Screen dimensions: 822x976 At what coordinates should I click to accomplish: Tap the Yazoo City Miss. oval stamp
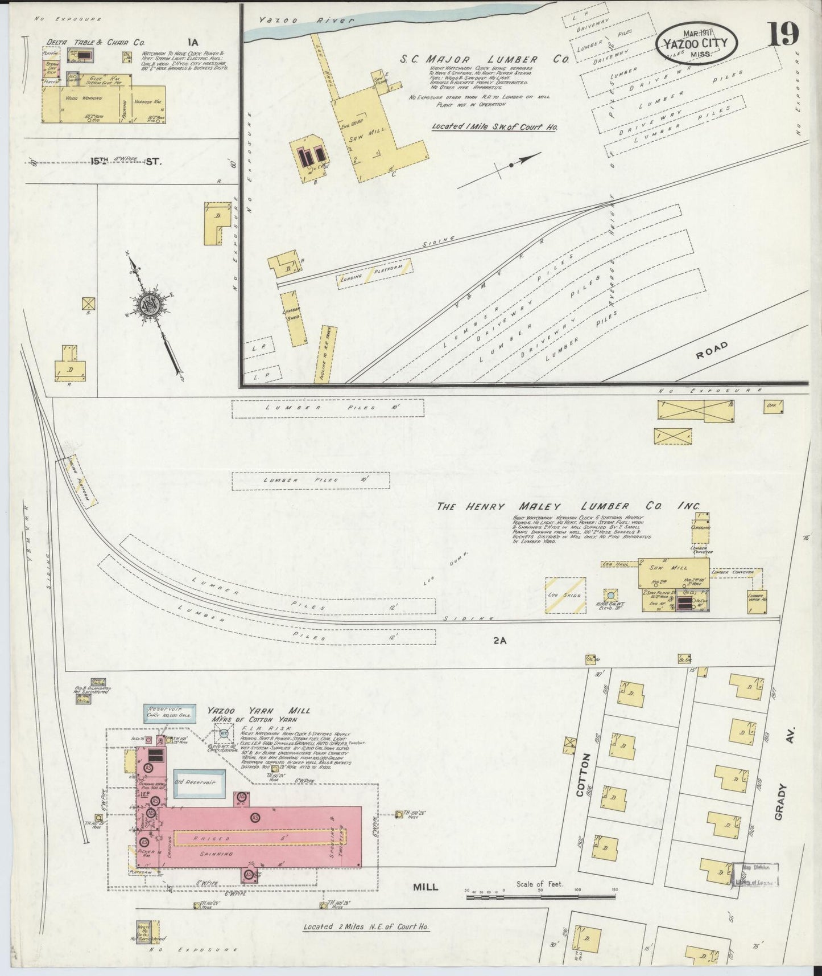pos(696,44)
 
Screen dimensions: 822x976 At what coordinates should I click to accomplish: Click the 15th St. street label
pos(125,161)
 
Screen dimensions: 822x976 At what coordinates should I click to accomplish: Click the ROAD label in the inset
pos(712,350)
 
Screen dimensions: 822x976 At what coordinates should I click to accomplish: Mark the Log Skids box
pos(565,595)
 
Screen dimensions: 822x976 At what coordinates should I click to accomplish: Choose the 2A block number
pos(499,641)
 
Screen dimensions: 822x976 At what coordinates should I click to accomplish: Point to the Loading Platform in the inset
pos(374,273)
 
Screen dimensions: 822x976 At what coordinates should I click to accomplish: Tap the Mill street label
pos(426,887)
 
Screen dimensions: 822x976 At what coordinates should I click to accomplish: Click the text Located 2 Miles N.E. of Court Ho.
pos(366,926)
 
